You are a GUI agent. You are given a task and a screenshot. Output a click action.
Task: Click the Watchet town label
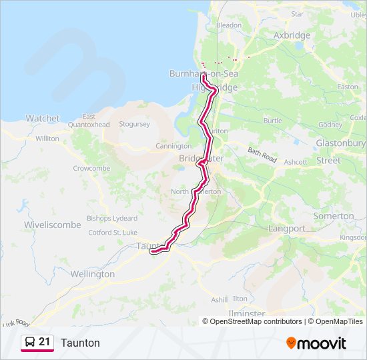[x=43, y=118]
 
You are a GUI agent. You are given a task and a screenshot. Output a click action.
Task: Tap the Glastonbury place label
[x=341, y=143]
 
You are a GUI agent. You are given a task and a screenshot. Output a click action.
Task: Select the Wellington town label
[x=93, y=274]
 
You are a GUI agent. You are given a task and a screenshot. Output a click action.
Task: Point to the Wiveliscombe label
[x=53, y=225]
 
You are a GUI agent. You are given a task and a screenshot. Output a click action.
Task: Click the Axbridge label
[x=292, y=35]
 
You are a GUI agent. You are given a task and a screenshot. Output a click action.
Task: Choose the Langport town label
[x=287, y=228]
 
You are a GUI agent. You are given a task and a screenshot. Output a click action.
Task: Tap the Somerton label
[x=334, y=216]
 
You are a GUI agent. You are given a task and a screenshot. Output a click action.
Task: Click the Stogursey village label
[x=134, y=124]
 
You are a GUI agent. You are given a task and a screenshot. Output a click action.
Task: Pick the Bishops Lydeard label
[x=112, y=219]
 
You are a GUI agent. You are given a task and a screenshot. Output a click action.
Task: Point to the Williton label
[x=47, y=139]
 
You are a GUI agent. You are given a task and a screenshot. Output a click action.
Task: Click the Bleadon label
[x=229, y=25]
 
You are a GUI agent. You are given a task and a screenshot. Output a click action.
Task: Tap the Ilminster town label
[x=246, y=313]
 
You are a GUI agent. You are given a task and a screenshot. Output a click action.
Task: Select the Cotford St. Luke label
[x=112, y=233]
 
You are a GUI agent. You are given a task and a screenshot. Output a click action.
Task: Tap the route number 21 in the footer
[x=45, y=342]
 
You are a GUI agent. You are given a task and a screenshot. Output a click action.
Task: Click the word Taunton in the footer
[x=80, y=343]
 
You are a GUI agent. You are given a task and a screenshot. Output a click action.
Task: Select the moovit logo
[x=316, y=343]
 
